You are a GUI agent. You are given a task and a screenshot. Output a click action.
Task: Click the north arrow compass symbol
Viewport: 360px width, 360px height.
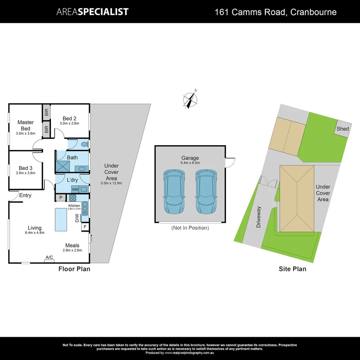(x=190, y=99)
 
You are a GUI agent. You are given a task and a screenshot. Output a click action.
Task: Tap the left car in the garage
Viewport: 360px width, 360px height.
(x=174, y=192)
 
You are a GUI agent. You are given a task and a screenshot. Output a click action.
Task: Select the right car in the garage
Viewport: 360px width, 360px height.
(x=206, y=192)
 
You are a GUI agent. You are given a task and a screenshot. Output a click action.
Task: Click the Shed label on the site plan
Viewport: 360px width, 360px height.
(x=343, y=129)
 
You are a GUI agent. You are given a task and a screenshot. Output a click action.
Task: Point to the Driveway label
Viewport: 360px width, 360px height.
(x=259, y=217)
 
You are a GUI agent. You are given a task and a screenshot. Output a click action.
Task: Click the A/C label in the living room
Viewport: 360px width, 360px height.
(x=49, y=257)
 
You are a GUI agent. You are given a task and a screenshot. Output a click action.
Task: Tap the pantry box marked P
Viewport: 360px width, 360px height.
(x=61, y=197)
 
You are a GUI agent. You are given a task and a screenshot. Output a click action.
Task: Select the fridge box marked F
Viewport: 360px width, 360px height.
(x=85, y=227)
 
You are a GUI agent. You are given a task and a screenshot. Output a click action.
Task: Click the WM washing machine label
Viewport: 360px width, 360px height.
(x=75, y=189)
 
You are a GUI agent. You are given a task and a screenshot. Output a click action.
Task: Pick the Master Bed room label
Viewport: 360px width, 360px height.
(x=26, y=125)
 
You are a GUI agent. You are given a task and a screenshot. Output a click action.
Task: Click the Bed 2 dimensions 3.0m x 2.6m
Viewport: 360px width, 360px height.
(x=69, y=124)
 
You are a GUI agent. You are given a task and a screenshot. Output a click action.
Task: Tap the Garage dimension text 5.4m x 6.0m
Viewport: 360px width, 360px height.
(x=190, y=163)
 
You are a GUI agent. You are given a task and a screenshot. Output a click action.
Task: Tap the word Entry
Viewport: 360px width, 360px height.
(x=25, y=195)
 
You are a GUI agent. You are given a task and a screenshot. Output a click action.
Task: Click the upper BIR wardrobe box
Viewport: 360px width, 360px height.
(x=46, y=112)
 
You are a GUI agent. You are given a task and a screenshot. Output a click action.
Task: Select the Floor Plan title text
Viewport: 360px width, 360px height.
(x=74, y=269)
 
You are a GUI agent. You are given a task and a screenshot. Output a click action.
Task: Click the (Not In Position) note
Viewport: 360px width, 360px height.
(x=190, y=228)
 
